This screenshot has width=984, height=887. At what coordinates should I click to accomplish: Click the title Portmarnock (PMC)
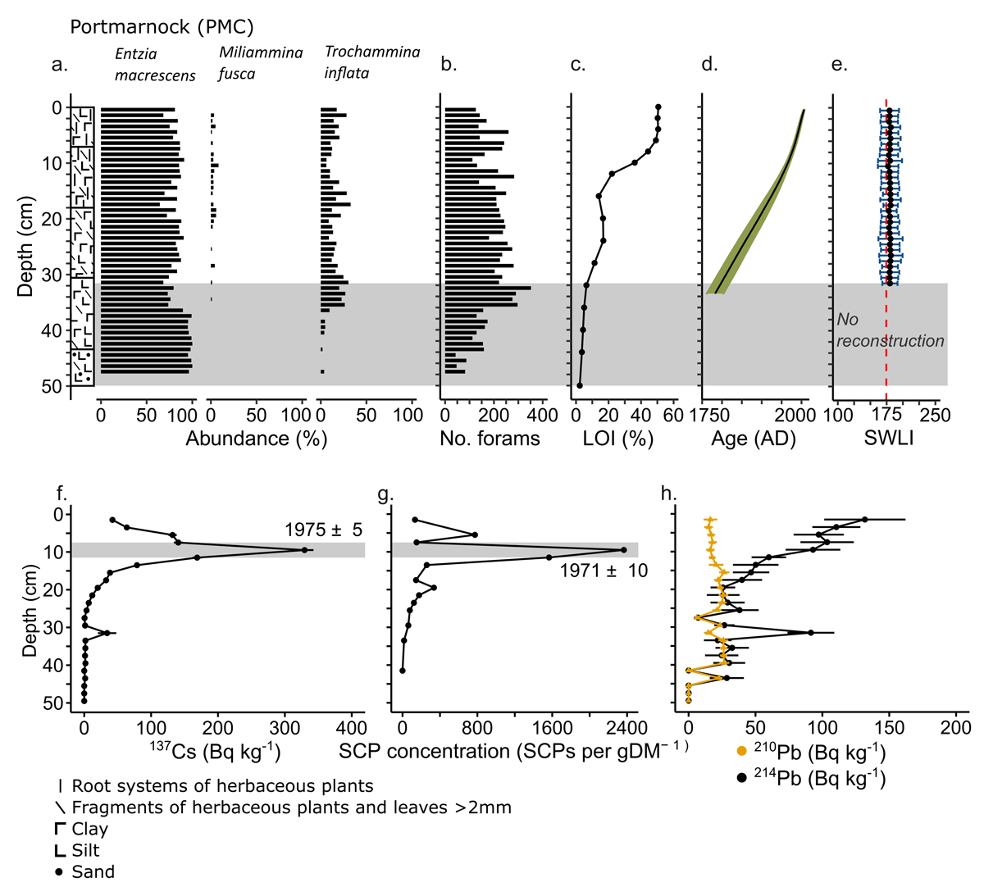click(x=162, y=27)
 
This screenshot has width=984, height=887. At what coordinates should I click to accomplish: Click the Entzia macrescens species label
click(x=155, y=65)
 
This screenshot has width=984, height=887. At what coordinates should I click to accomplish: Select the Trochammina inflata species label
click(x=371, y=62)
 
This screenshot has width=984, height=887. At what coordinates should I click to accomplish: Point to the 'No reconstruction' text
click(x=890, y=330)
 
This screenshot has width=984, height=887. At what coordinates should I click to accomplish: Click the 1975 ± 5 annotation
click(x=323, y=530)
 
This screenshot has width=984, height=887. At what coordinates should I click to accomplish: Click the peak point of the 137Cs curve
click(x=305, y=550)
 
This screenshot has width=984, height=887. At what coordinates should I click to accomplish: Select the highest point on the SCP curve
click(x=624, y=550)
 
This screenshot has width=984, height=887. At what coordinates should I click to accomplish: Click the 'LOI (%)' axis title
click(x=617, y=439)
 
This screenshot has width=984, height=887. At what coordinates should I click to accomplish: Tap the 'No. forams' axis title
click(x=490, y=439)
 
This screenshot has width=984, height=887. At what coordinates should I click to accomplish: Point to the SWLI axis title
click(x=889, y=439)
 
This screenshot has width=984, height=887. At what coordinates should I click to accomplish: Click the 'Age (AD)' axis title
click(x=753, y=439)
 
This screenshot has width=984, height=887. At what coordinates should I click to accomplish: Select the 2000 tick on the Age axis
click(x=794, y=416)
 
